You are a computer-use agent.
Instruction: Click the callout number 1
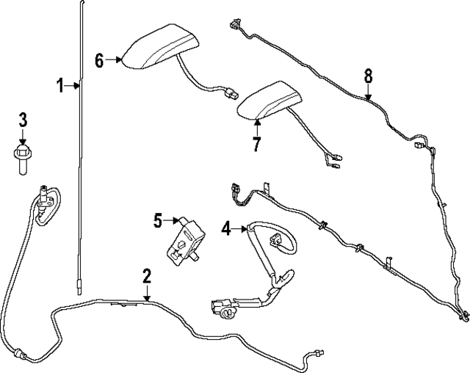pyautogui.click(x=62, y=87)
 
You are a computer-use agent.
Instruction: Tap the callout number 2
pyautogui.click(x=147, y=276)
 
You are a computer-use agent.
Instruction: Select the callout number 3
pyautogui.click(x=23, y=119)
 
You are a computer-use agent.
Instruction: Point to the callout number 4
pyautogui.click(x=227, y=229)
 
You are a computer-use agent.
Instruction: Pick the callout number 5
pyautogui.click(x=158, y=219)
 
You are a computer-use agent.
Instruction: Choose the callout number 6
pyautogui.click(x=101, y=60)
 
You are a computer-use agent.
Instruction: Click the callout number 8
pyautogui.click(x=368, y=75)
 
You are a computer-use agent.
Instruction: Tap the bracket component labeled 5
pyautogui.click(x=186, y=239)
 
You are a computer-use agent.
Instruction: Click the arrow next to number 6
pyautogui.click(x=114, y=60)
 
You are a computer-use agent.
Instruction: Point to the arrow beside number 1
pyautogui.click(x=73, y=87)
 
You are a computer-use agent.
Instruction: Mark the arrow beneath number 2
pyautogui.click(x=147, y=293)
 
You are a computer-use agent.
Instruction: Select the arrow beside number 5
pyautogui.click(x=173, y=219)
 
